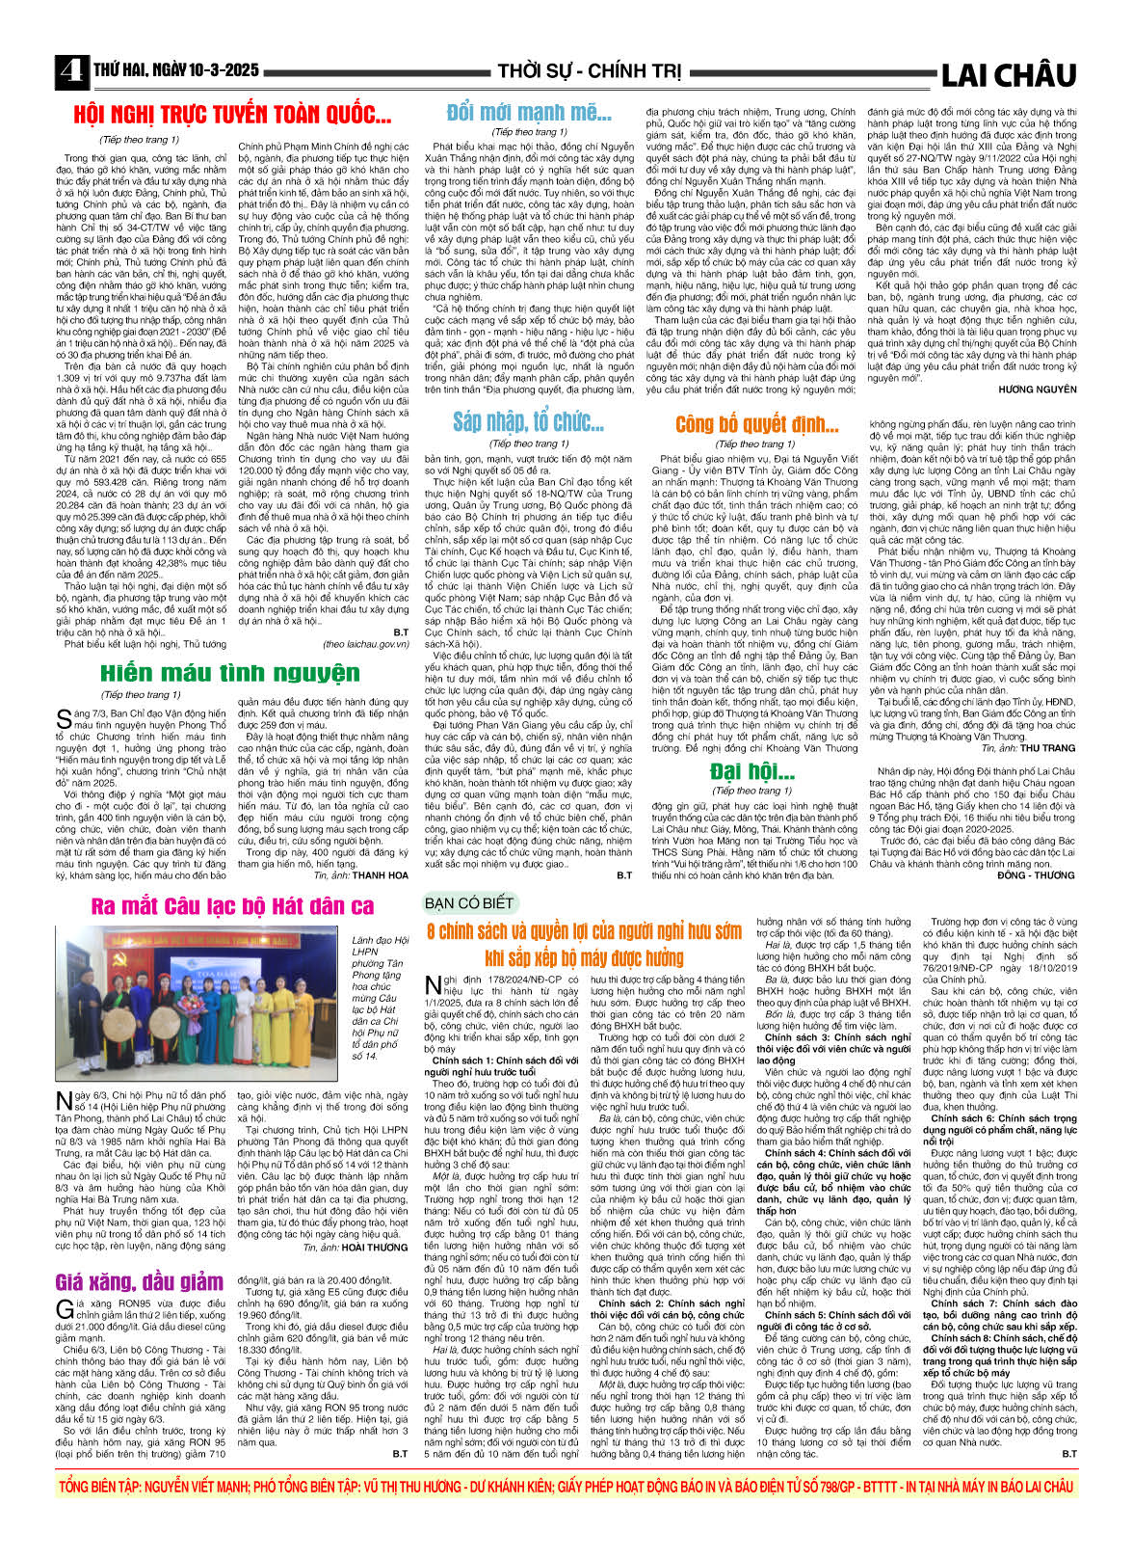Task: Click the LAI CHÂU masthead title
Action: pos(1008,75)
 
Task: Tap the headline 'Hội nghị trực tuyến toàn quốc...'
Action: pos(232,117)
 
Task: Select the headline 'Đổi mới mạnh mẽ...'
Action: pos(529,114)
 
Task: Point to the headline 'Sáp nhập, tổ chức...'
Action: pos(528,422)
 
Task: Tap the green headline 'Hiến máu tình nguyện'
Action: pos(230,673)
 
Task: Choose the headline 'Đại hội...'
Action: pos(751,771)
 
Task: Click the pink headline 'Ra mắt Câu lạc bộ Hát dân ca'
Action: pos(232,905)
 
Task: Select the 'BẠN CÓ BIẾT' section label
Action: pos(469,903)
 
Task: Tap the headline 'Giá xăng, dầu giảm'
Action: pos(140,1281)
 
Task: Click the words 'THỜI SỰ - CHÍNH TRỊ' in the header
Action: pos(589,72)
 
